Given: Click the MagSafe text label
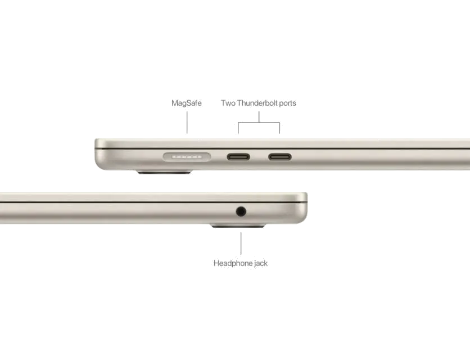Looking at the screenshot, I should (x=186, y=103).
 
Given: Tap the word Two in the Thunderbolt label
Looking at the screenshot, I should (x=228, y=103).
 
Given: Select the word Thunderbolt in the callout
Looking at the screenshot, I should (x=256, y=103).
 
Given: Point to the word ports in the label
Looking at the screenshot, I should (x=286, y=103).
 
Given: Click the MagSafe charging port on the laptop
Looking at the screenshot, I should (x=186, y=156).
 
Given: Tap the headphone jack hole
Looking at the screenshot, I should (x=241, y=211).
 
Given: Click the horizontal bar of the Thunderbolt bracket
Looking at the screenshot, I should (x=259, y=122).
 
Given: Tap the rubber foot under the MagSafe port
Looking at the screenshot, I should (x=164, y=172).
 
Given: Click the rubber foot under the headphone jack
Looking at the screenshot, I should (x=238, y=227).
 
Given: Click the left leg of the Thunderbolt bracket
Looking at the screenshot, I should (x=237, y=129).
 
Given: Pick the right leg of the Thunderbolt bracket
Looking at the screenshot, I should (x=281, y=129).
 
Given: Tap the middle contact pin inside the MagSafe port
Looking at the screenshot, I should (x=186, y=156).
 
